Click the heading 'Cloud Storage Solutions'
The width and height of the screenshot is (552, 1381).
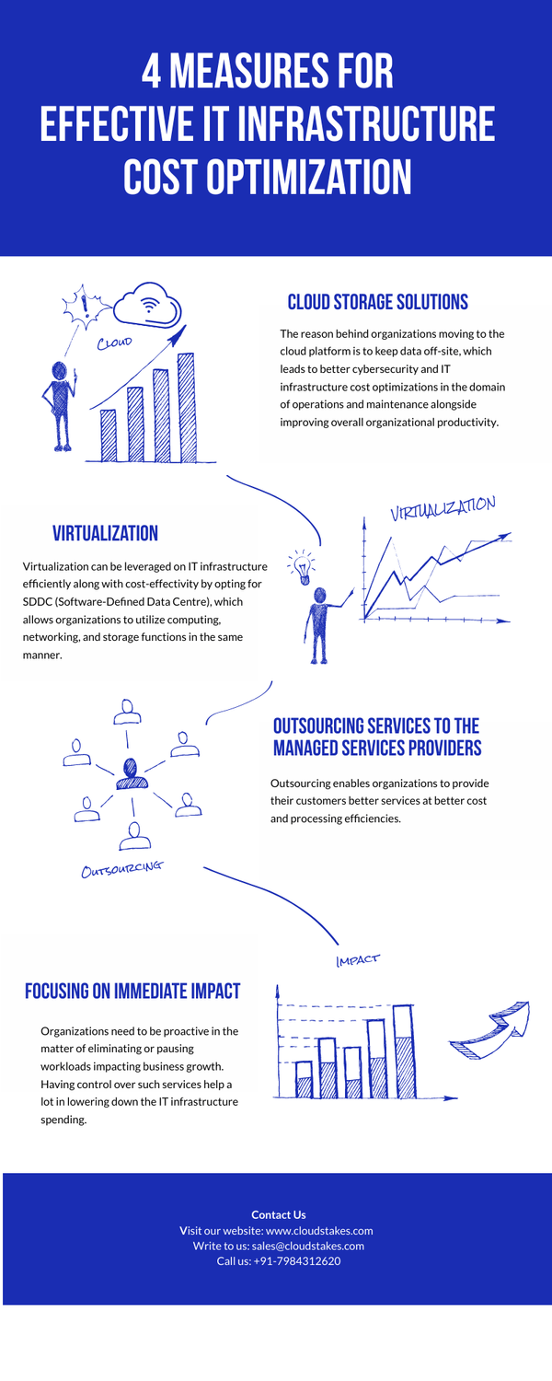pos(377,302)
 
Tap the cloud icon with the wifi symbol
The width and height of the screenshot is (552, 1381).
pos(146,303)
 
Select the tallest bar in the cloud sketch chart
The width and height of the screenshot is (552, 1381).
pos(186,406)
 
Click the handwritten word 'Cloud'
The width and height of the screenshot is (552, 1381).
pos(115,342)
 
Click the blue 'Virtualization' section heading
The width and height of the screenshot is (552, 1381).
pos(105,533)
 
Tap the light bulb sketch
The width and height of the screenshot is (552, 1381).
pos(300,567)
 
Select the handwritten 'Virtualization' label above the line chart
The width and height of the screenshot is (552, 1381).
pos(443,508)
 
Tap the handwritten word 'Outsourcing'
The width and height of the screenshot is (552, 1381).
pos(121,868)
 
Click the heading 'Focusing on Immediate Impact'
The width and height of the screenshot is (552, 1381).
pos(132,991)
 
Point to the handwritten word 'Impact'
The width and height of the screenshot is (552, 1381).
pos(358,960)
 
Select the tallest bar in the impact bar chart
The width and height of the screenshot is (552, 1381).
pos(403,1051)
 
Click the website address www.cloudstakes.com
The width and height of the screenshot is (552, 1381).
pos(319,1230)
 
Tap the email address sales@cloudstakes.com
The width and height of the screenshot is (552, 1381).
pos(308,1246)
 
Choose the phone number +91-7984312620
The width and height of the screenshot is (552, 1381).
pos(297,1261)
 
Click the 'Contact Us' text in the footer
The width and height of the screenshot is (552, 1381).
pos(279,1214)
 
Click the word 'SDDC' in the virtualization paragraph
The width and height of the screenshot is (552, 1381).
pos(37,601)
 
